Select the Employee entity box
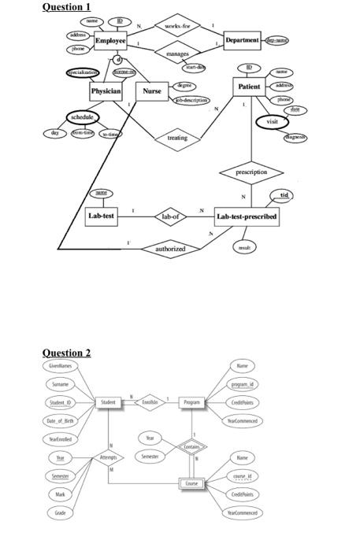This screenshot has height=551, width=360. point(110,41)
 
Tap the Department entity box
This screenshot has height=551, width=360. point(243,39)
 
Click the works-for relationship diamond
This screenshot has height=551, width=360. point(176,26)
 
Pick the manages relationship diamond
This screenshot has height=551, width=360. point(176,55)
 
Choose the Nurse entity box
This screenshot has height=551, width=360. point(151,91)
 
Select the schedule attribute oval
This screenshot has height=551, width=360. point(83,117)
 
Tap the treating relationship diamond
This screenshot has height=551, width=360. point(177,139)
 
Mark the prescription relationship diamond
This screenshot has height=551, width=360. point(251,171)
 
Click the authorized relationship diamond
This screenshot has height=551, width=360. point(170,248)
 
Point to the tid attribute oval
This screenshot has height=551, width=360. point(284,195)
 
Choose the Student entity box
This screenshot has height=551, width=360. point(109,403)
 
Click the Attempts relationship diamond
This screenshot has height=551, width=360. point(108,458)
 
